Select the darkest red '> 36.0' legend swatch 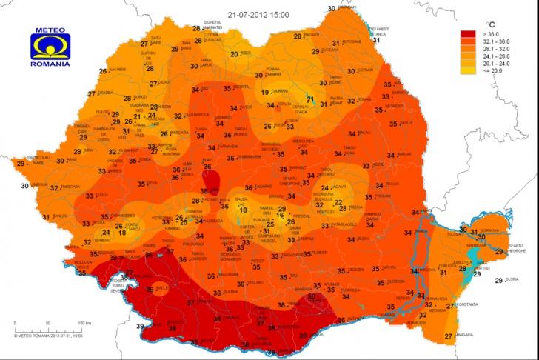click(467, 34)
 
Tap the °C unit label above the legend click(489, 24)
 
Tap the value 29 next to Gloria click(498, 280)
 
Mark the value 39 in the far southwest click(140, 326)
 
